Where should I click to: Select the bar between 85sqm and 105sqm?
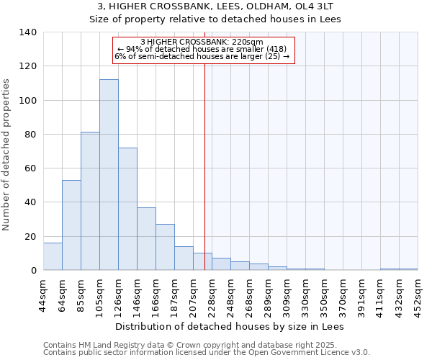90,201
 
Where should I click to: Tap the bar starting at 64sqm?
71,225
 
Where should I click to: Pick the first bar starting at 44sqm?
53,256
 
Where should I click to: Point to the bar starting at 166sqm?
165,247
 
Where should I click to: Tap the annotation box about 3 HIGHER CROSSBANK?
204,49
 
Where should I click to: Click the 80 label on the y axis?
32,135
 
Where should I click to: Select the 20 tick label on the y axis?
32,236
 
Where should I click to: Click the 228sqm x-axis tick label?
212,294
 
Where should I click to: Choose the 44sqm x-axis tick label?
43,294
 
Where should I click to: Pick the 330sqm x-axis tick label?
305,294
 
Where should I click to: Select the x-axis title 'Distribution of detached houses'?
230,326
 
